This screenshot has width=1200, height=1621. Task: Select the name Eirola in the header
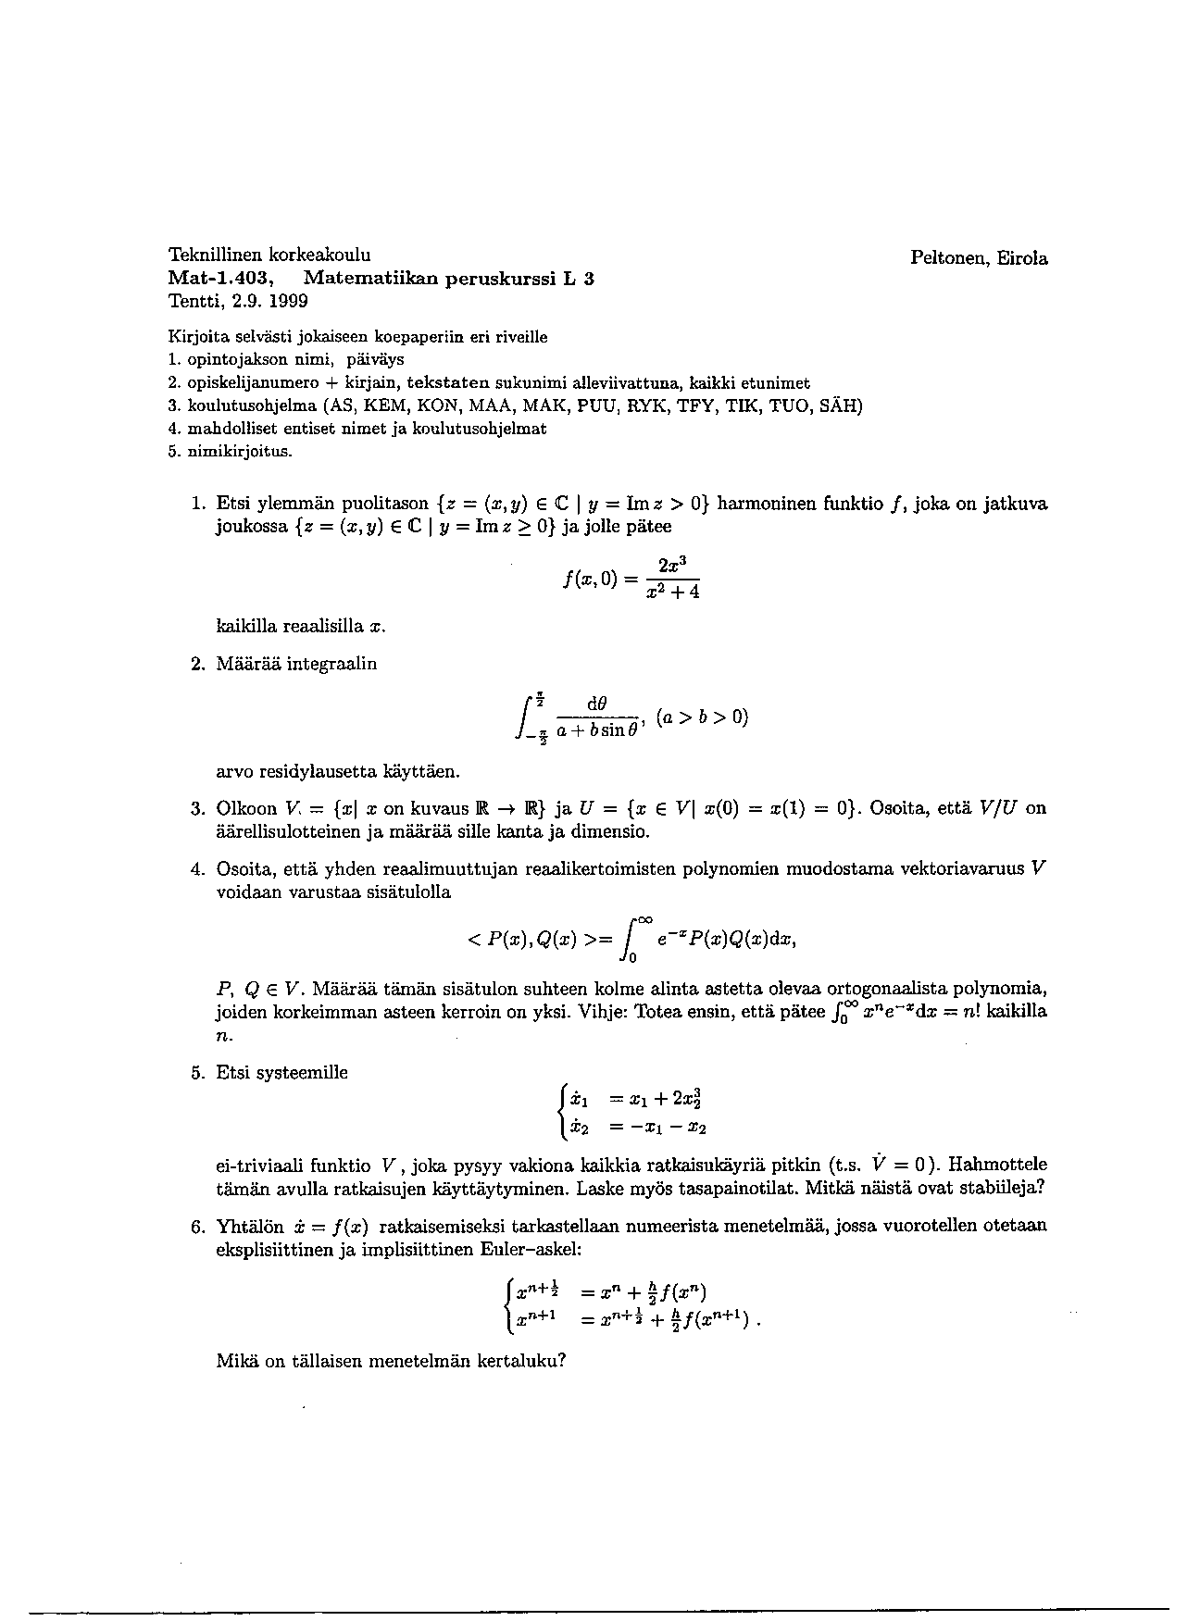(x=1023, y=259)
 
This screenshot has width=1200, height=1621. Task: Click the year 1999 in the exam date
(x=287, y=302)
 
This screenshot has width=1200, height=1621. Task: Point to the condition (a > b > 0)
(x=701, y=717)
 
